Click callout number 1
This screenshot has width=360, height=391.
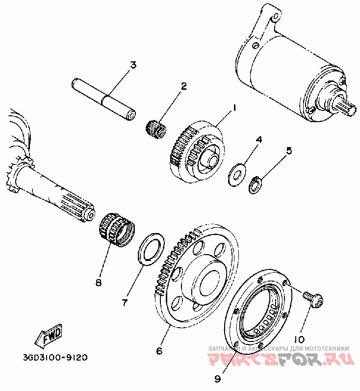pyautogui.click(x=234, y=107)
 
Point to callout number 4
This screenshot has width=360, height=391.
pyautogui.click(x=259, y=140)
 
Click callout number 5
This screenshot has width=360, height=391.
pyautogui.click(x=289, y=151)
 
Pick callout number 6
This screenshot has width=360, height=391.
pyautogui.click(x=159, y=351)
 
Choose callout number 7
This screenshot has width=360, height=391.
pyautogui.click(x=124, y=303)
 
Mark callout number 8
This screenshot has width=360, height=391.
pyautogui.click(x=99, y=283)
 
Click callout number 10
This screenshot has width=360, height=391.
pyautogui.click(x=299, y=339)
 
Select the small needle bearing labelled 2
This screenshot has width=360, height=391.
pyautogui.click(x=156, y=128)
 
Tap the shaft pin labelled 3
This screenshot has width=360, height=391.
pyautogui.click(x=104, y=98)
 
